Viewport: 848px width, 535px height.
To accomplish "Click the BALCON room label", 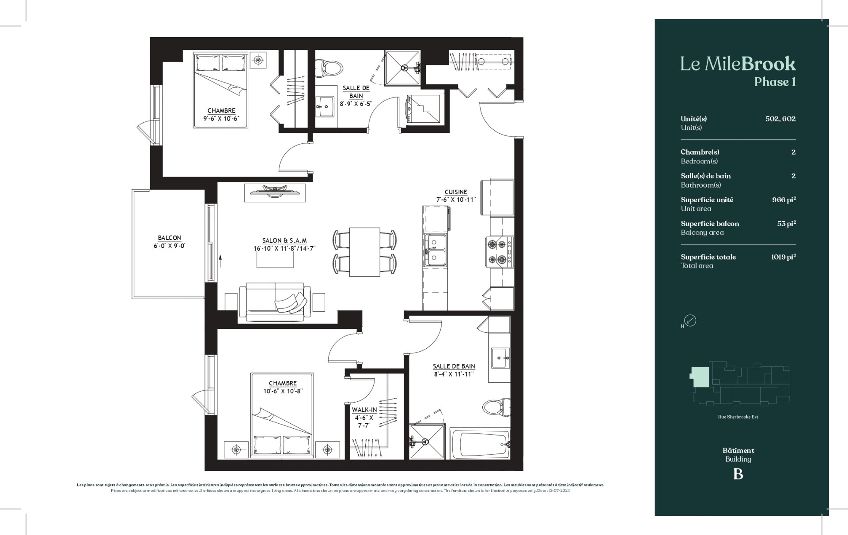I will (169, 238).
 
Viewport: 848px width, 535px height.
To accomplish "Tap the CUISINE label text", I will (456, 192).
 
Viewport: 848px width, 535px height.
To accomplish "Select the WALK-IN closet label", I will (364, 410).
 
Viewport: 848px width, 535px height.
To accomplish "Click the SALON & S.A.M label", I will (284, 241).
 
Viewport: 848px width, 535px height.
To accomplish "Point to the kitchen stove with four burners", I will (499, 252).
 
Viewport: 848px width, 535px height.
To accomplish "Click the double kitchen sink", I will (435, 250).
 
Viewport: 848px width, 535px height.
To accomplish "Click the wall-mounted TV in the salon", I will (275, 191).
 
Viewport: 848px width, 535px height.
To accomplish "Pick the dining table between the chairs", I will (364, 252).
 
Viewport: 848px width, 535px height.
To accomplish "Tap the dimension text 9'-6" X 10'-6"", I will (221, 118).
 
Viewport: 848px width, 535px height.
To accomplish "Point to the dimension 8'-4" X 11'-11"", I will (454, 374).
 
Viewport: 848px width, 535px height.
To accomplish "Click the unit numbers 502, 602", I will (780, 119).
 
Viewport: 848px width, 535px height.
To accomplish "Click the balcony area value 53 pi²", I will (786, 224).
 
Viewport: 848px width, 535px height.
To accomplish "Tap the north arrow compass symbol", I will (690, 320).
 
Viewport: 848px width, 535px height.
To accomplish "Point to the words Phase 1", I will (775, 82).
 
